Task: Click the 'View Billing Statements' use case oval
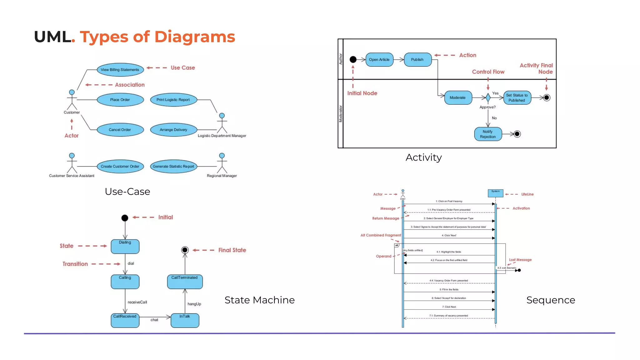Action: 120,70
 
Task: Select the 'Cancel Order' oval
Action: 120,130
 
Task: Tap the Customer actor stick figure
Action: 72,100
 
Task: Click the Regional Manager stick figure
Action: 222,163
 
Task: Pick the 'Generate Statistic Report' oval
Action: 173,166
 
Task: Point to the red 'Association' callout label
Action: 130,85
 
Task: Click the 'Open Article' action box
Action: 379,59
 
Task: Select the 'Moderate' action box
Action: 458,97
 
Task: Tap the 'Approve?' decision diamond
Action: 488,97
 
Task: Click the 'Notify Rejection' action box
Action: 488,134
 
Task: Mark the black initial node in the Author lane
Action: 353,59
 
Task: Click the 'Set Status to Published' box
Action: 517,97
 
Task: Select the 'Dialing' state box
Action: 125,247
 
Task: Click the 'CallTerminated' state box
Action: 185,282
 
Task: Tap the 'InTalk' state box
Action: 185,320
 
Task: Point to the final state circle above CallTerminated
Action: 185,250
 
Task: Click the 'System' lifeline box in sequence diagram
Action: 495,193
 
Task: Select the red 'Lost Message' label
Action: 520,260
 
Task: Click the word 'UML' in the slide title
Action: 52,37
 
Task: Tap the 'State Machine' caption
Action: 259,300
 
